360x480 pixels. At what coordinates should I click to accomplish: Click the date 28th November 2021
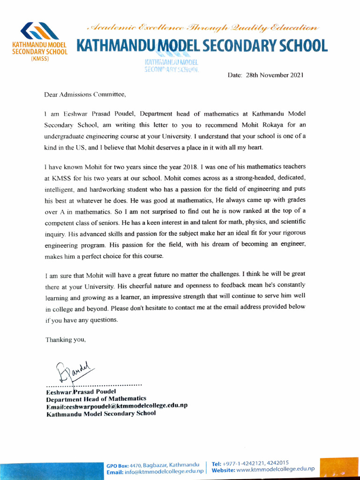coord(265,75)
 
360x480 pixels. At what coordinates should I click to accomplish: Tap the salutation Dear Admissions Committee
coord(85,94)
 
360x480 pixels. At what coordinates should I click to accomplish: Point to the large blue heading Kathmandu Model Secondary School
coord(202,46)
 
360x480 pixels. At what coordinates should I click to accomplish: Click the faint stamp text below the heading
coord(172,65)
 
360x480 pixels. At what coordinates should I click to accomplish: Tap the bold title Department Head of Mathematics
coord(96,399)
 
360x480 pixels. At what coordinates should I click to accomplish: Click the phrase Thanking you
coord(65,340)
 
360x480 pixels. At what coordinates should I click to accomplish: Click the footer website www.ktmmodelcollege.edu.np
coord(275,469)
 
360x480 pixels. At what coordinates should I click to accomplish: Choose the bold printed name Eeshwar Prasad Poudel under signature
coord(77,391)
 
